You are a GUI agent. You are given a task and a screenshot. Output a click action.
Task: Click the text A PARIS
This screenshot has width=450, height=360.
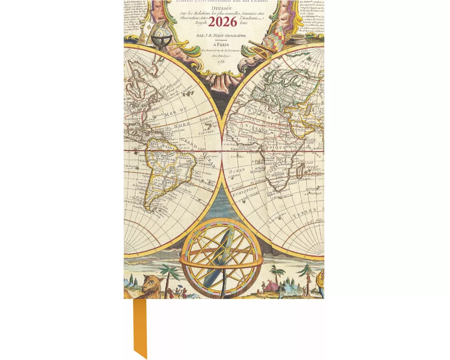(224, 45)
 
